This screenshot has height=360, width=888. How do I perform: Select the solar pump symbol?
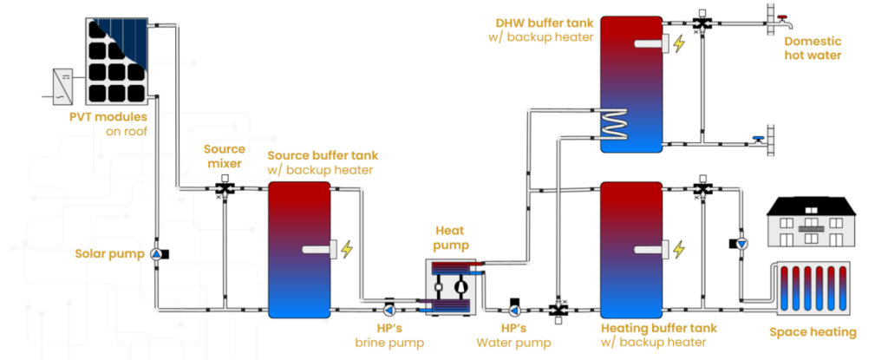point(157,253)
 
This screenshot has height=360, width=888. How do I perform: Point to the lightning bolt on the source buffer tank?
point(347,250)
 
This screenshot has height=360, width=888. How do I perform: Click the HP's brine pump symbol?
point(389,309)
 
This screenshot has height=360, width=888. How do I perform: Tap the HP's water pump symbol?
point(515,309)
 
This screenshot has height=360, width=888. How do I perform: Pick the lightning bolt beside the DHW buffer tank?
point(679,43)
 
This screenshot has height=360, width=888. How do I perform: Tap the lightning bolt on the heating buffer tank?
point(679,249)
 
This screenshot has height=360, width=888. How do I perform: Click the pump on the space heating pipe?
point(742,244)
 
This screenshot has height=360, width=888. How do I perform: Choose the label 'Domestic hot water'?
point(812,49)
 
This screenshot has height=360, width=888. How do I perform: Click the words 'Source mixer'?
point(224,156)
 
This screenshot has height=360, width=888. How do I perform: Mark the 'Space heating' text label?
point(813,331)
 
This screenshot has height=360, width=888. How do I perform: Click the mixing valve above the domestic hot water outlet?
point(701,21)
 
